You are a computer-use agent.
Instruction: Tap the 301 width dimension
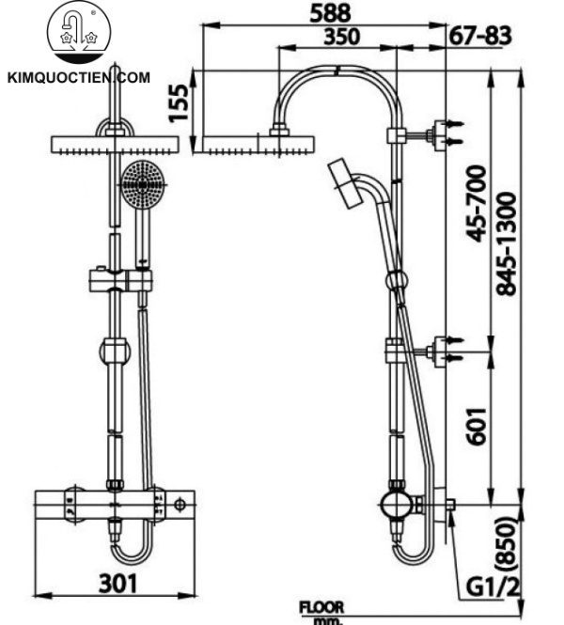pos(118,583)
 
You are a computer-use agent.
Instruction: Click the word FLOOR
pos(321,607)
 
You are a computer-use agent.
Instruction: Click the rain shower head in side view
pos(255,145)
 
